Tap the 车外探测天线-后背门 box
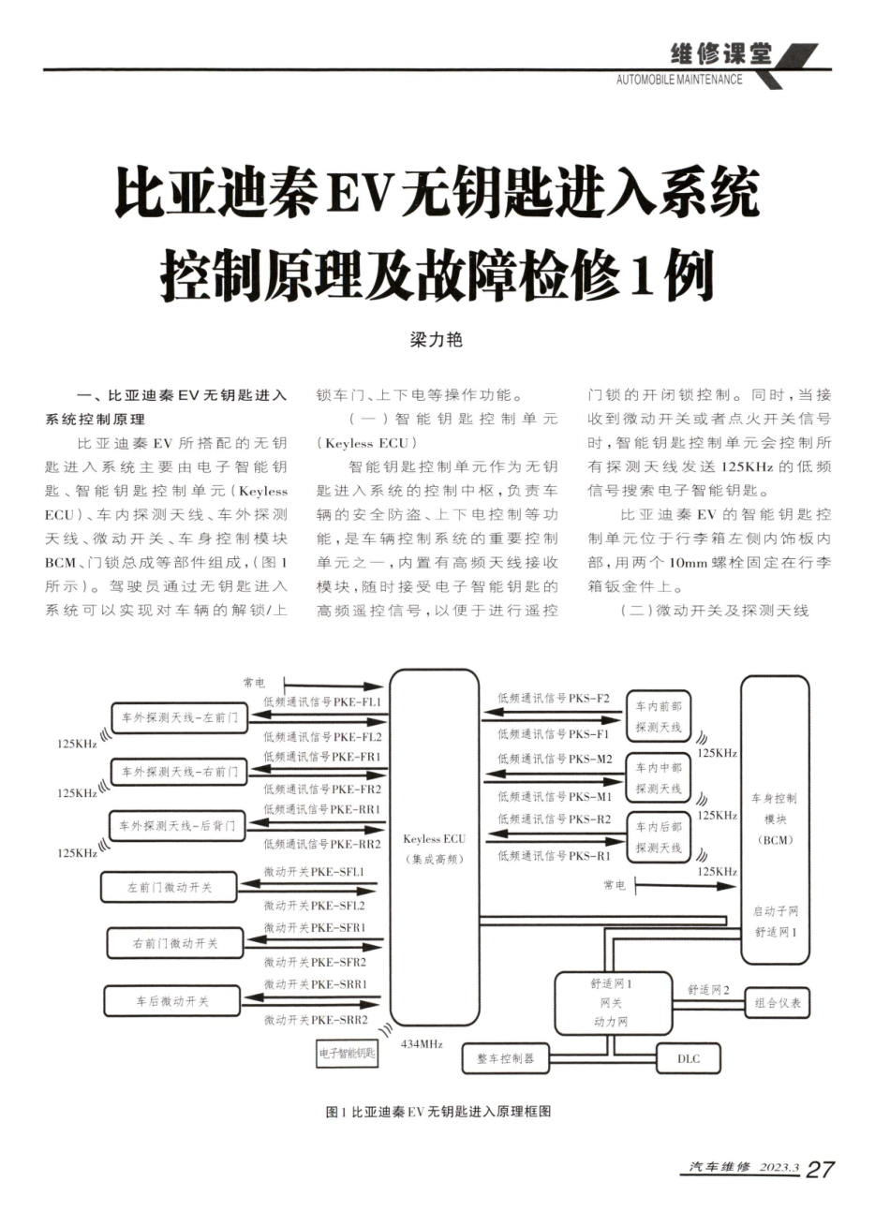tap(177, 825)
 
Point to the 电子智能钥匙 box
tap(347, 1054)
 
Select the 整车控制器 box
tap(505, 1058)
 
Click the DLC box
tap(689, 1058)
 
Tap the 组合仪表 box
tap(777, 1003)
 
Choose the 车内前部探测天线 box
tap(658, 716)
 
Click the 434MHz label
tap(422, 1042)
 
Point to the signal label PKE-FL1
tap(322, 701)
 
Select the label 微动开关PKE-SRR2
tap(315, 1019)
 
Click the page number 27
tap(820, 1169)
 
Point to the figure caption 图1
tap(437, 1112)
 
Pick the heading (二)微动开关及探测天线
tap(714, 611)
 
